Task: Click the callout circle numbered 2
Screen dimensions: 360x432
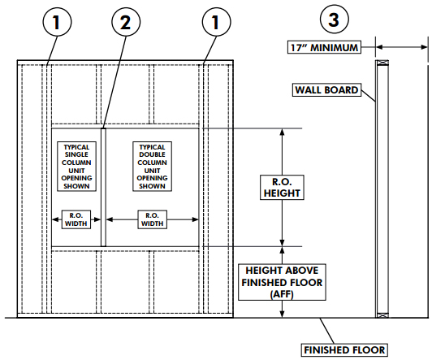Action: coord(123,24)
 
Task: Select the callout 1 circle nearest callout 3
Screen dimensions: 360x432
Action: coord(216,24)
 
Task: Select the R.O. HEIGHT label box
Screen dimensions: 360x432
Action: coord(282,188)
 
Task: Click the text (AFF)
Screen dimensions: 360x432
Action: coord(282,296)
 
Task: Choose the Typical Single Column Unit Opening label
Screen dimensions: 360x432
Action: coord(77,166)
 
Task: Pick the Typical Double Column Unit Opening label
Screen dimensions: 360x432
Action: coord(152,166)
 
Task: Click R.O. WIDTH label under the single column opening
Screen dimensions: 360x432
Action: coord(78,219)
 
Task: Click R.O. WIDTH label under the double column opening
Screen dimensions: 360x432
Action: coord(152,219)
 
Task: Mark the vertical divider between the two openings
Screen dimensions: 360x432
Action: coord(105,186)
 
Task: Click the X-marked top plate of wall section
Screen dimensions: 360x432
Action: coord(379,63)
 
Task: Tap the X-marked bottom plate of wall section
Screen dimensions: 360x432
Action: coord(379,314)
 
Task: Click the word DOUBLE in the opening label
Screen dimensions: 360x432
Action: coord(152,154)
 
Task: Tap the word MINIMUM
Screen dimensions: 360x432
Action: coord(335,48)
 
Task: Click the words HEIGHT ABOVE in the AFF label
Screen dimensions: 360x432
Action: coord(282,270)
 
